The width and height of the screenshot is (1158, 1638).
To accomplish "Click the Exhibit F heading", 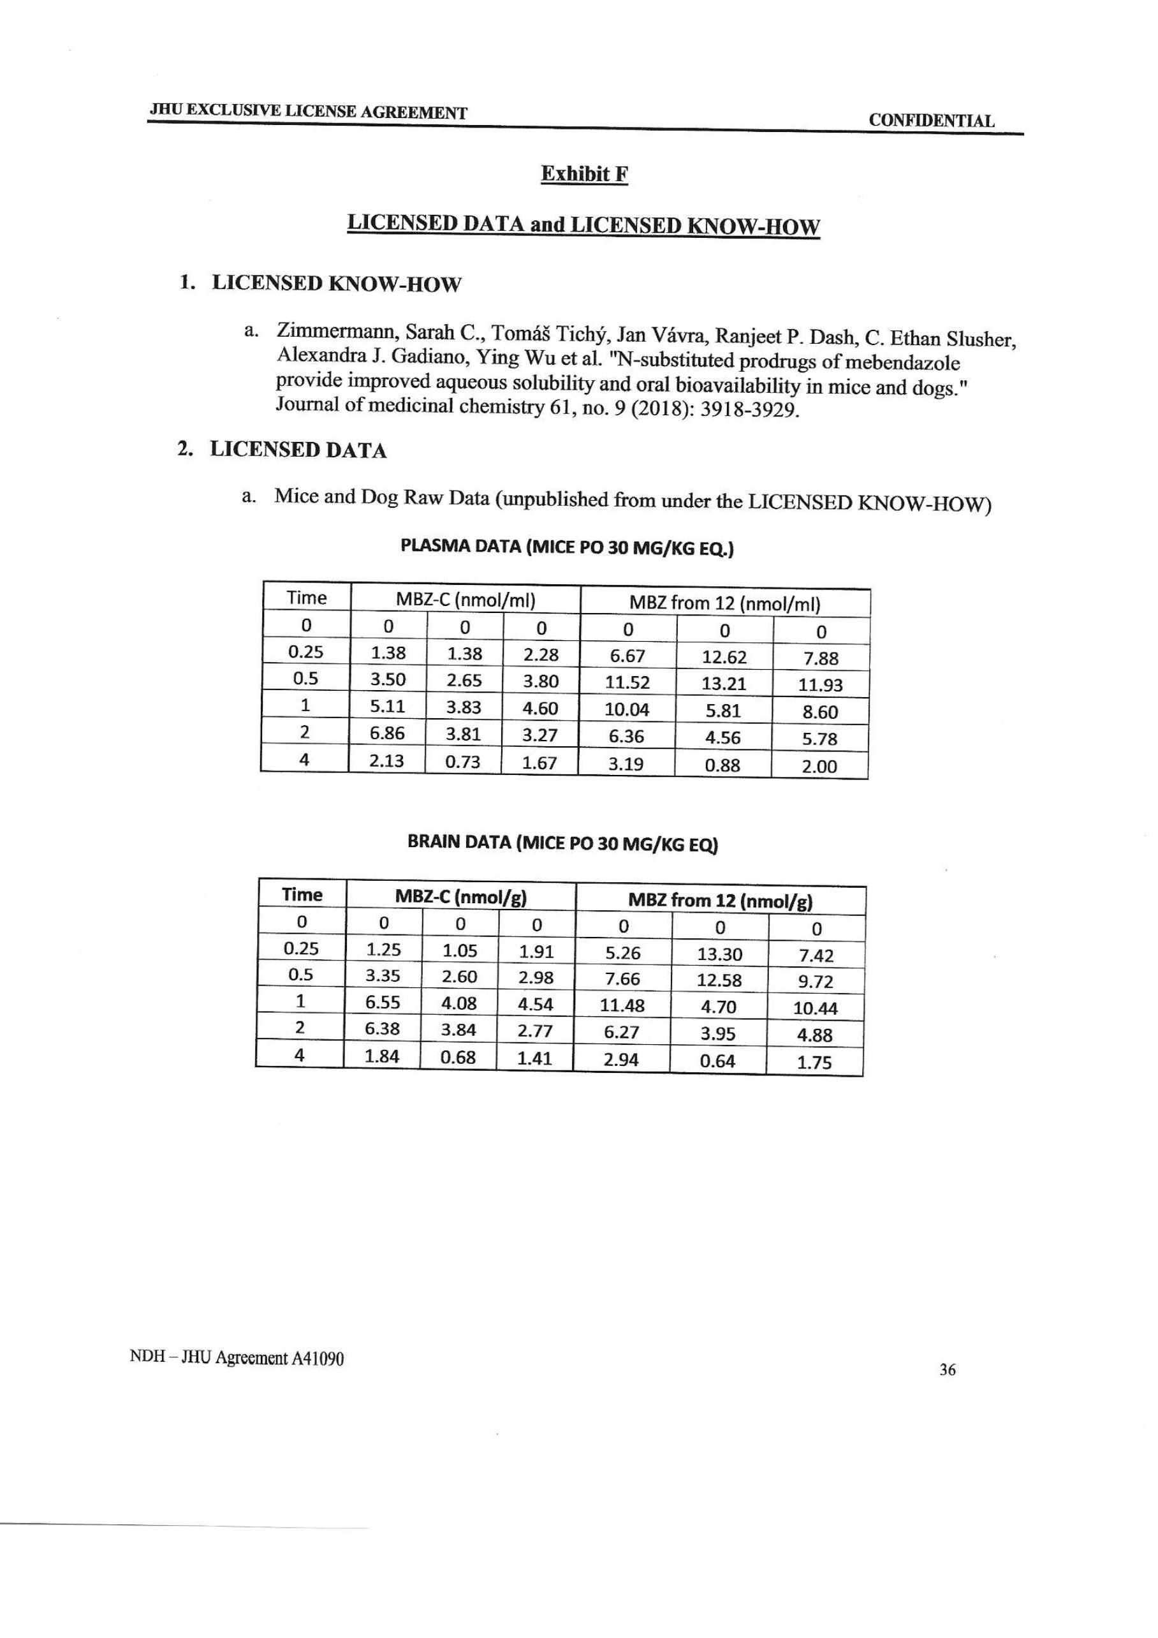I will coord(584,174).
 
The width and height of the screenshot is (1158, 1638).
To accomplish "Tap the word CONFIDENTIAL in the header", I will coord(931,121).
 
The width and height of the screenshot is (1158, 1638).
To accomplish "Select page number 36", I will coord(947,1369).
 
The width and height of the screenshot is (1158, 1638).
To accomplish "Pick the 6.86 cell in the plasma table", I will coord(387,734).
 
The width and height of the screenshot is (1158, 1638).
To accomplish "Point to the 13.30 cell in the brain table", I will coord(719,954).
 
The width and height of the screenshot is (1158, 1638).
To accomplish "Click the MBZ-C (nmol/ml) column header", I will coord(465,600).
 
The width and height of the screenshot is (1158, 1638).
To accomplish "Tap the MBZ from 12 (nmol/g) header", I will coord(719,901).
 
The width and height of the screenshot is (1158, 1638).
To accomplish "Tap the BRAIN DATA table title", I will coord(562,843).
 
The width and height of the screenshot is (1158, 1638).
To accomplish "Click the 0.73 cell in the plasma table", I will coord(464,762).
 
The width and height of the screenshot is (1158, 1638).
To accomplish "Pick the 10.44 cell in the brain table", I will coord(815,1008).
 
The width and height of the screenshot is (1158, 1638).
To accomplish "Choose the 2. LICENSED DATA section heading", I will coord(282,450).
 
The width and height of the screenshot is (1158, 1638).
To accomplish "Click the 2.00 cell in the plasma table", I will coord(819,767).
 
